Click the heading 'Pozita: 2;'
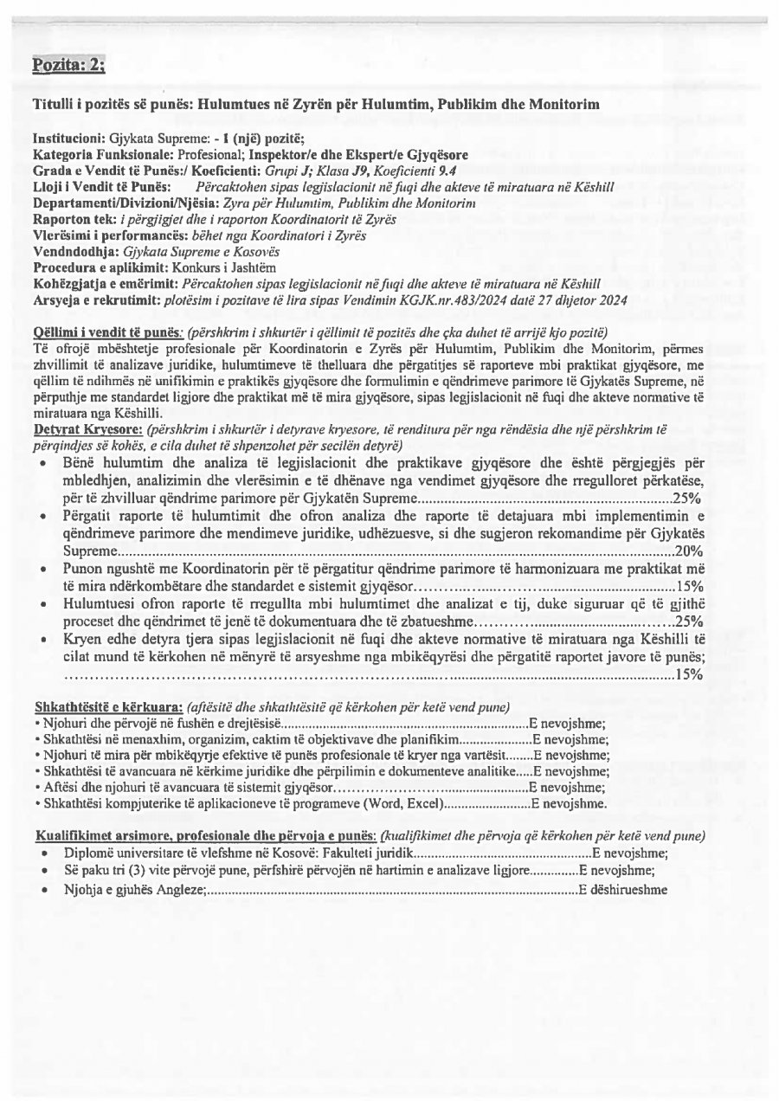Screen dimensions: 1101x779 (x=68, y=66)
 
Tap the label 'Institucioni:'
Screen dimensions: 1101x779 (x=69, y=138)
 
